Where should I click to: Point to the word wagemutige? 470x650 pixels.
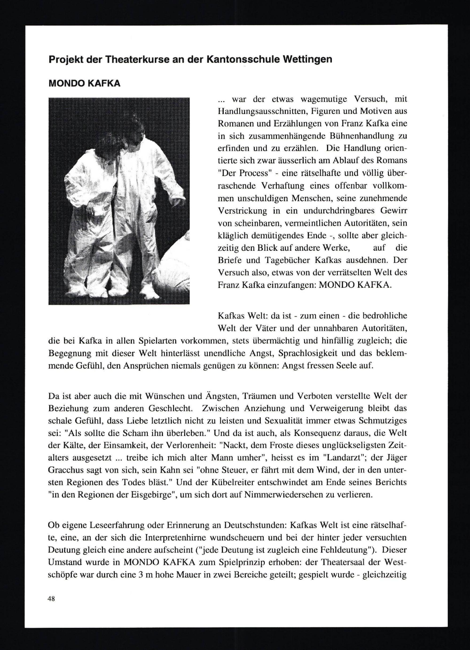325,99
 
